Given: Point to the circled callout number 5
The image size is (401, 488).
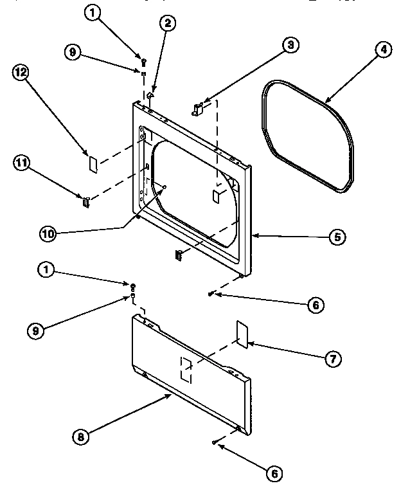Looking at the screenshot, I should tap(337, 237).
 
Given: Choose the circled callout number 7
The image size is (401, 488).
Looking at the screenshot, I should tap(332, 359).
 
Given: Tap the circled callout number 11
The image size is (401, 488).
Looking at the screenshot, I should tap(21, 163).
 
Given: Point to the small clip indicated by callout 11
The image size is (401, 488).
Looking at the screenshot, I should tap(85, 203).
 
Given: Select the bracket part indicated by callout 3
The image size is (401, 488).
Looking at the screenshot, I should tap(198, 108).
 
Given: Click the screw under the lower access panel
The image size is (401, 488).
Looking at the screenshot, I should tap(213, 442).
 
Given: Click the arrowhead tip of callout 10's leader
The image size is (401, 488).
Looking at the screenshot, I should tap(165, 187).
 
